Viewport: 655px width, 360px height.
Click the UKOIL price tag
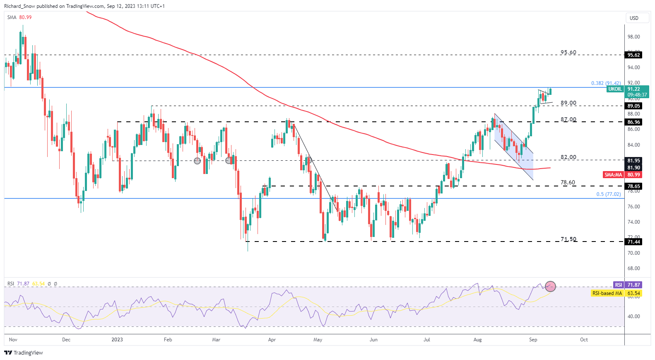pyautogui.click(x=615, y=89)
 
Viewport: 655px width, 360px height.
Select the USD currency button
pyautogui.click(x=634, y=18)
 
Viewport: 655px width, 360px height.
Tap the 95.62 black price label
pyautogui.click(x=633, y=55)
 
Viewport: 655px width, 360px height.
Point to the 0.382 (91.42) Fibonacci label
pyautogui.click(x=606, y=83)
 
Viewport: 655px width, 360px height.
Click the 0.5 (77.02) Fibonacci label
pyautogui.click(x=608, y=194)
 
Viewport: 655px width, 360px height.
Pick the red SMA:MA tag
pyautogui.click(x=613, y=175)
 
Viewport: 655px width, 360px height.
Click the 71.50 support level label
pyautogui.click(x=568, y=239)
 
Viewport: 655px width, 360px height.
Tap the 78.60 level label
pyautogui.click(x=568, y=182)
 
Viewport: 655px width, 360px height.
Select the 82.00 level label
pyautogui.click(x=568, y=157)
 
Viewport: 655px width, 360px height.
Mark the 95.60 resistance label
pyautogui.click(x=568, y=53)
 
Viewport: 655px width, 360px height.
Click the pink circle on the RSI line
pyautogui.click(x=550, y=286)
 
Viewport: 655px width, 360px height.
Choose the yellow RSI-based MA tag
pyautogui.click(x=607, y=293)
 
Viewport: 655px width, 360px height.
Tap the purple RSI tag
pyautogui.click(x=618, y=285)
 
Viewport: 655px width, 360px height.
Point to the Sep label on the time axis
pyautogui.click(x=533, y=340)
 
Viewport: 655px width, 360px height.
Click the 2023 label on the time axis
pyautogui.click(x=117, y=340)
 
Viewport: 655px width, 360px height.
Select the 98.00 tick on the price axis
pyautogui.click(x=633, y=37)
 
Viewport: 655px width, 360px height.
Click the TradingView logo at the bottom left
pyautogui.click(x=24, y=353)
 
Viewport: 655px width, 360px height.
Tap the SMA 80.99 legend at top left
pyautogui.click(x=19, y=17)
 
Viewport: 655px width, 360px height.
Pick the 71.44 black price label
pyautogui.click(x=633, y=242)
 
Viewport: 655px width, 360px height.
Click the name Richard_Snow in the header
pyautogui.click(x=19, y=6)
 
